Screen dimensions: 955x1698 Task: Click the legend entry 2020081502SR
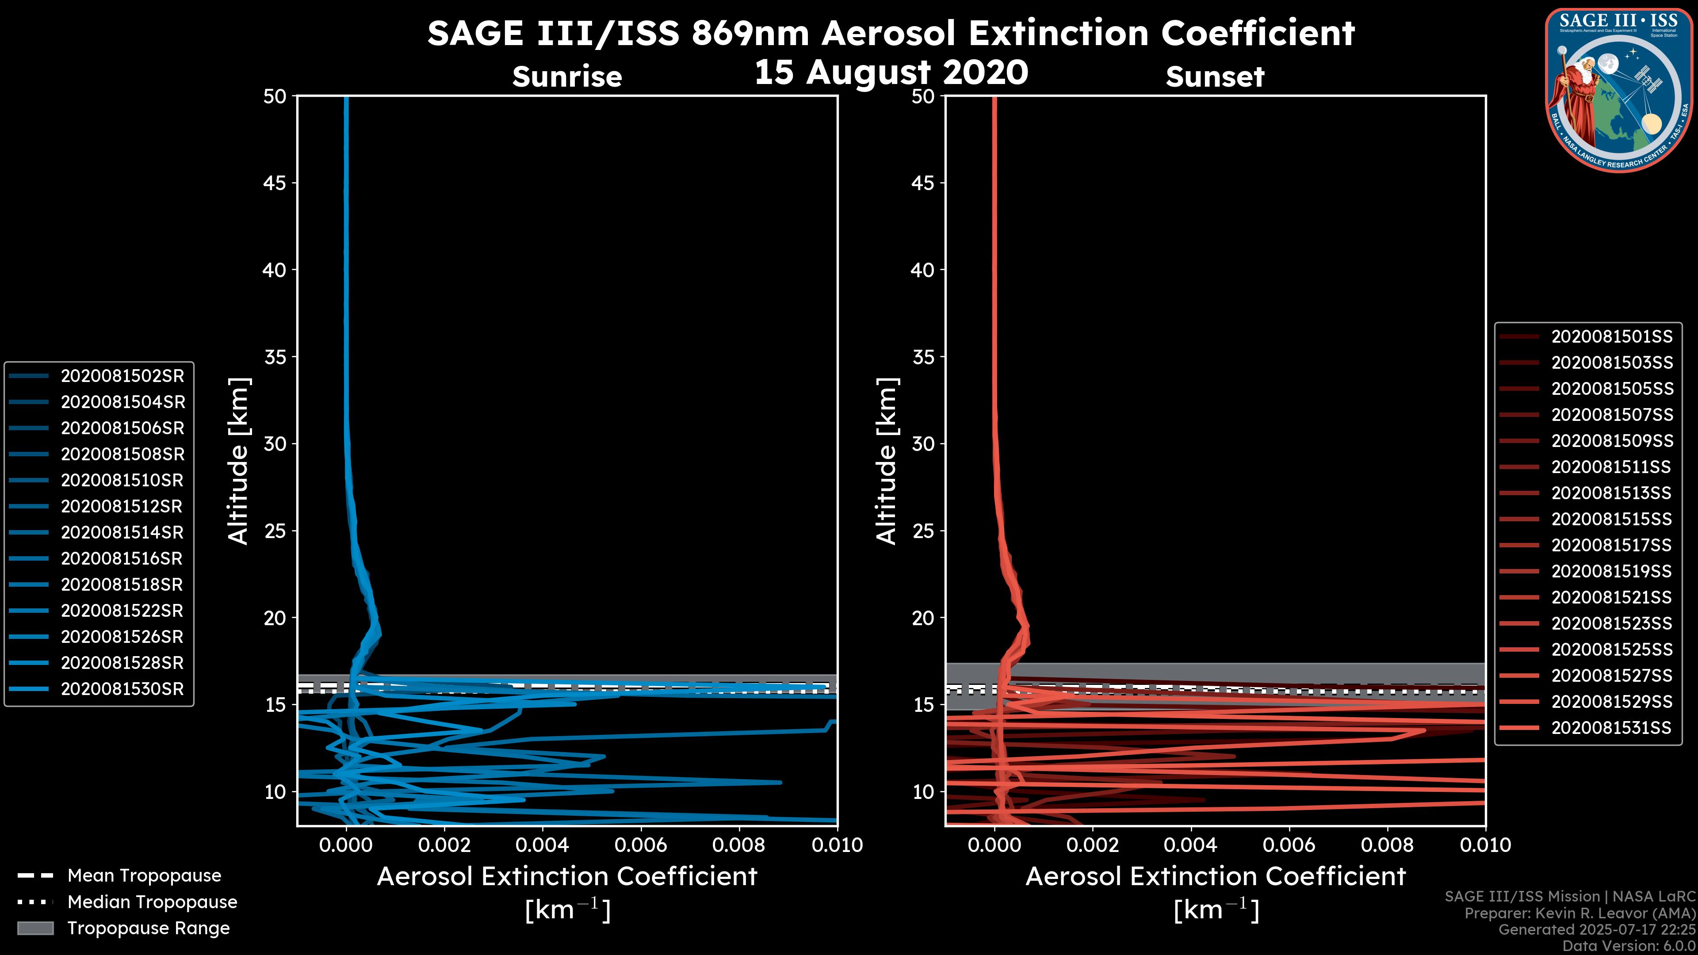122,376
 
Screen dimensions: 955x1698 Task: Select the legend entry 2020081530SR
122,689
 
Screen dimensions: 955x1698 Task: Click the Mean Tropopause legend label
144,875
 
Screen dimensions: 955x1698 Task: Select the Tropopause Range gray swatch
35,928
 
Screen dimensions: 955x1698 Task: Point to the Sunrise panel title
567,76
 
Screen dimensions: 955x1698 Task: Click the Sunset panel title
1215,76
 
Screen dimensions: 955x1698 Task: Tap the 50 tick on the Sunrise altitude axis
275,96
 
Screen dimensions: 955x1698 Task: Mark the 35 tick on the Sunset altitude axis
923,356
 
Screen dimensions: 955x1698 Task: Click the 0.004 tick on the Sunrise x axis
543,845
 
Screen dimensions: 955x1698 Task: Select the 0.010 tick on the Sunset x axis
1485,845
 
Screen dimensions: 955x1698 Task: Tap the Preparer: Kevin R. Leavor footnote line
1580,913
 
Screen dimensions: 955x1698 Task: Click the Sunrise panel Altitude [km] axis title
238,461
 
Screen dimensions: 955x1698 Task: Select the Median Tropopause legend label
152,902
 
